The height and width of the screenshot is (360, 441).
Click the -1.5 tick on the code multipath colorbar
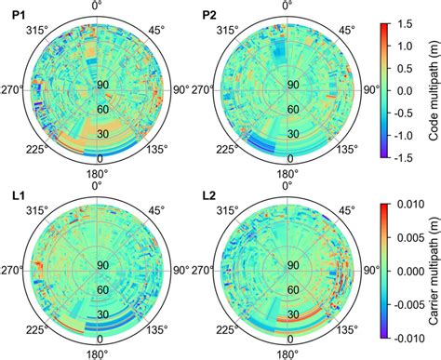(x=408, y=159)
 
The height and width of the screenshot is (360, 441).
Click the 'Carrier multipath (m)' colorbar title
(x=434, y=272)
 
